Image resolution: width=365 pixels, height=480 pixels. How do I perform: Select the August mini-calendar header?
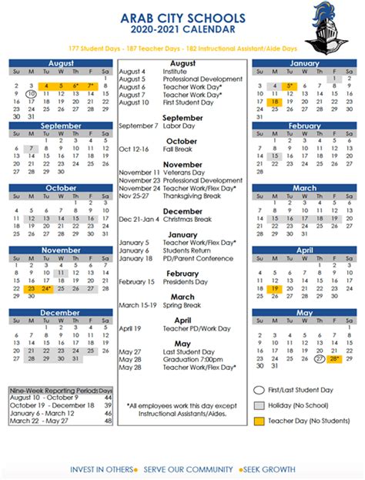(61, 63)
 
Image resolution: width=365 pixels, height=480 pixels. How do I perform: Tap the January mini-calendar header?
(304, 63)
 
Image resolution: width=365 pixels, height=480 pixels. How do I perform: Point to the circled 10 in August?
(30, 94)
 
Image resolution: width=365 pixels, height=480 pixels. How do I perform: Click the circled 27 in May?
(320, 359)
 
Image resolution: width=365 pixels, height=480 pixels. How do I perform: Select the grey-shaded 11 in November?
(61, 272)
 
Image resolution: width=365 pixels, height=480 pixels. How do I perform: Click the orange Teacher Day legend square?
(259, 421)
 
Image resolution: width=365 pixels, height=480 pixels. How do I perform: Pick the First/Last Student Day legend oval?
(259, 390)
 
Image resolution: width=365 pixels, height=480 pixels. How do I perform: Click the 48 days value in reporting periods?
(108, 421)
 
